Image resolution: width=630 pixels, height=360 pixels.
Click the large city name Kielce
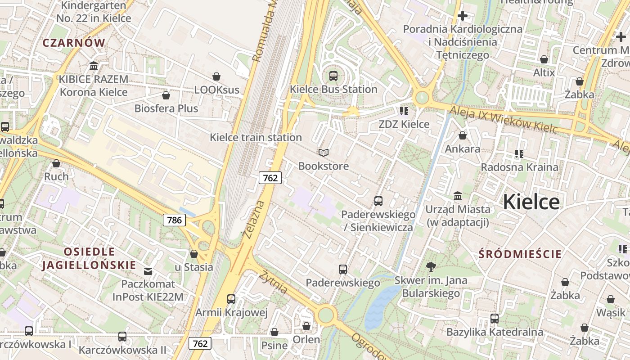[531, 202]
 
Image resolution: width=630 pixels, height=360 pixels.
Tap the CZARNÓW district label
[74, 43]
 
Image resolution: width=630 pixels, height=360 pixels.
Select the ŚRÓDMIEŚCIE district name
[520, 254]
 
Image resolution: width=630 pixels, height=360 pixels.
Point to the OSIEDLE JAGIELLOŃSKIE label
[89, 258]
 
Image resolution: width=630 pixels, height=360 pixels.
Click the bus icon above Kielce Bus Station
[333, 76]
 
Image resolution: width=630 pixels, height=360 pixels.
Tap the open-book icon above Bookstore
[323, 153]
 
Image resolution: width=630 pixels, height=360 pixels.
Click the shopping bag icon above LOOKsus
[216, 76]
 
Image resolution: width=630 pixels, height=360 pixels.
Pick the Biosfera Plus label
[166, 108]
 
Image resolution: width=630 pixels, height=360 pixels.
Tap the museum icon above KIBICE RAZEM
[94, 66]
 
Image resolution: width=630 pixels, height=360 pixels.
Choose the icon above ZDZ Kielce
[404, 111]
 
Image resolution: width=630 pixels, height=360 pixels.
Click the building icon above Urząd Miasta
[458, 196]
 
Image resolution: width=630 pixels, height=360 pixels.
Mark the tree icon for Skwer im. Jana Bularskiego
[431, 267]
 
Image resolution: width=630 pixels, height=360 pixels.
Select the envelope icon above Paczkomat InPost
[148, 271]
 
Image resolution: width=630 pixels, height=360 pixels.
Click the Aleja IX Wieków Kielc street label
[504, 119]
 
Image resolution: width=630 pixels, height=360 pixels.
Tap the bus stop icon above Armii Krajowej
[231, 299]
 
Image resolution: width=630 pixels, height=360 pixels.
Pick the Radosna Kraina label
[519, 167]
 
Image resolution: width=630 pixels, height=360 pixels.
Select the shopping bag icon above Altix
[544, 59]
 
